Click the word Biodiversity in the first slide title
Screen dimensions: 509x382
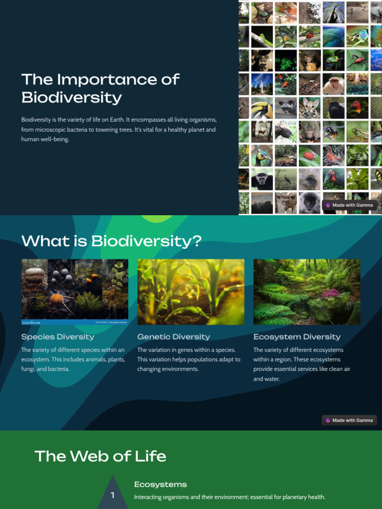[72, 97]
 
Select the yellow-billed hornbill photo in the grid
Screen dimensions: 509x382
[262, 108]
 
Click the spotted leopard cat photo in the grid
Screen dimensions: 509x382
[309, 108]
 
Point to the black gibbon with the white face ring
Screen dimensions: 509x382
[262, 179]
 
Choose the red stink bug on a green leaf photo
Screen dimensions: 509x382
[309, 156]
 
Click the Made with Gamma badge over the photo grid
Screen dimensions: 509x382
[349, 205]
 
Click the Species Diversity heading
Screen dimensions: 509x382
[58, 337]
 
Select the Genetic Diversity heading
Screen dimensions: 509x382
[174, 337]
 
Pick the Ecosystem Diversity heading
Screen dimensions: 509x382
[297, 337]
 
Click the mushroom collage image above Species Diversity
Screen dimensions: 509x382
[75, 292]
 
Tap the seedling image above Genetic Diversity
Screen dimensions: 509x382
[191, 292]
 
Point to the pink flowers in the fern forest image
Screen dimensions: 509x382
[330, 293]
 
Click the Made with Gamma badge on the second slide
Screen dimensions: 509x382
[349, 421]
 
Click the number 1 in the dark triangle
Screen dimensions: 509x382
[112, 495]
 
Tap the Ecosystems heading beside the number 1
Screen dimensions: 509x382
[160, 484]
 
